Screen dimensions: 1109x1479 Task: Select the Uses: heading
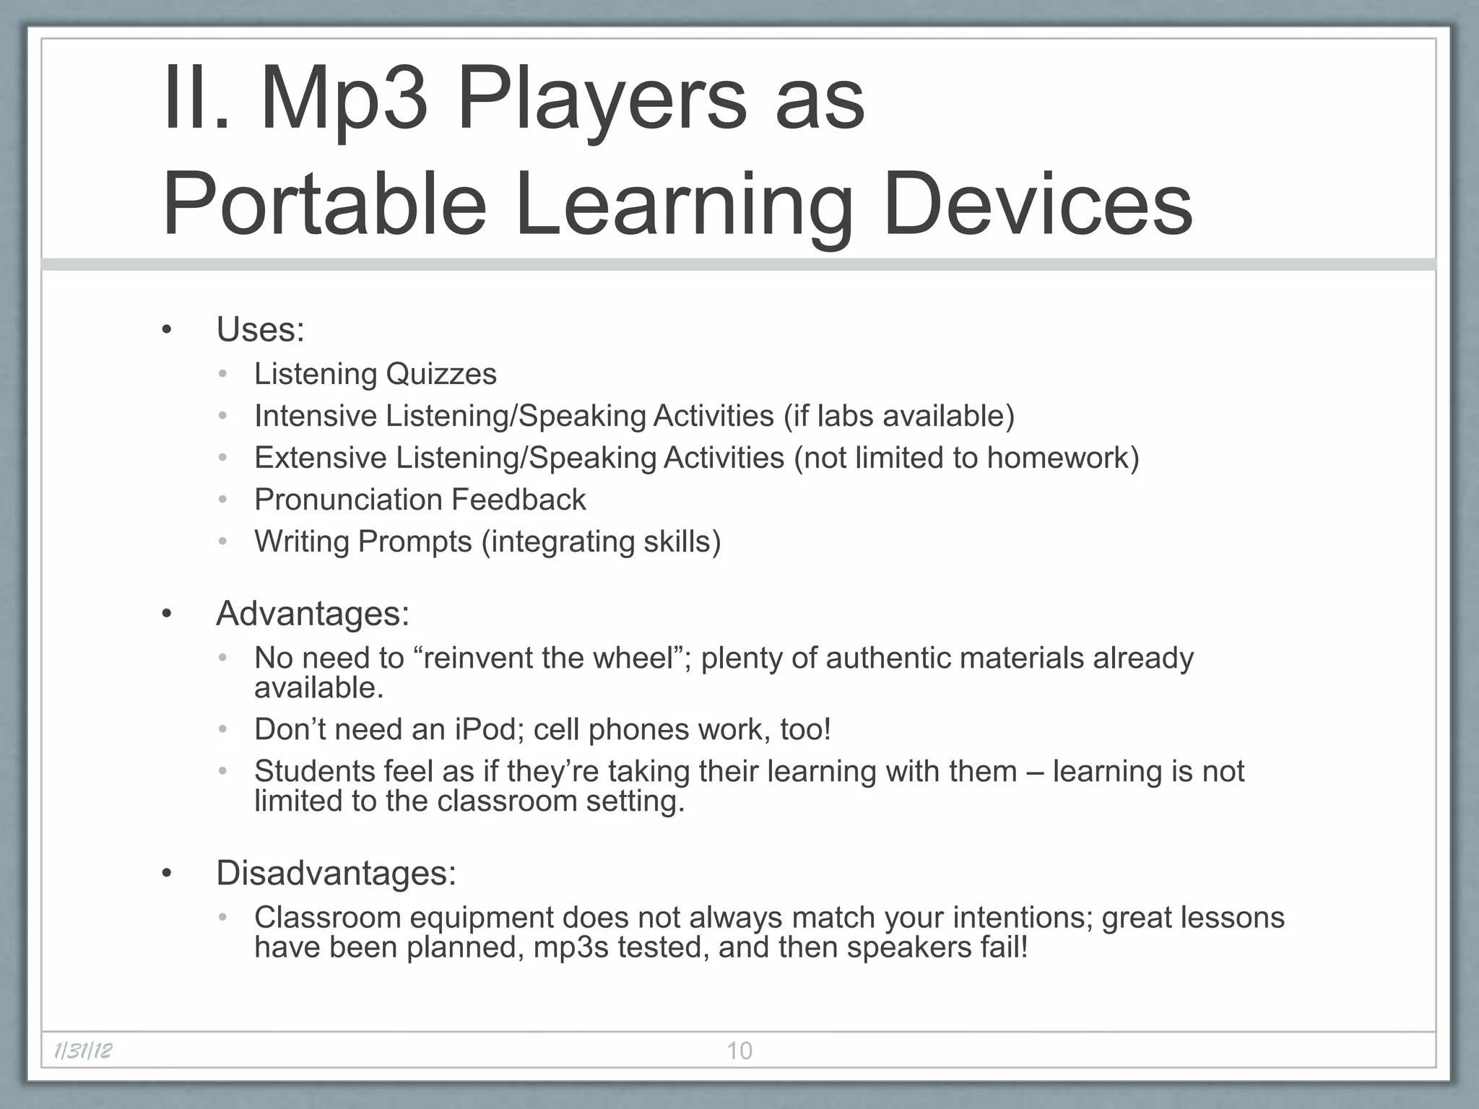(260, 330)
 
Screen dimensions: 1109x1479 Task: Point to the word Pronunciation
(347, 500)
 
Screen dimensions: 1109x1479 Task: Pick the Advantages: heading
(312, 614)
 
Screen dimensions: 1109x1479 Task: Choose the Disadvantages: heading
(336, 873)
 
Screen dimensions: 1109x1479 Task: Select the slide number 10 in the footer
(739, 1051)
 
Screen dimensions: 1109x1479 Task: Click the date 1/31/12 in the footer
(83, 1051)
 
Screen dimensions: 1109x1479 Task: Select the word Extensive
(320, 458)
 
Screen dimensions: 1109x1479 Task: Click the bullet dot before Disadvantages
(168, 874)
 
